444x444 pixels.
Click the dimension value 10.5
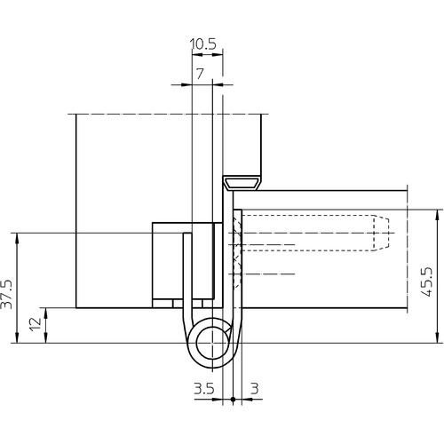202,44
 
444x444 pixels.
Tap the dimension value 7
201,74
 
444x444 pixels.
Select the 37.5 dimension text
7,294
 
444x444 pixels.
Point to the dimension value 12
36,324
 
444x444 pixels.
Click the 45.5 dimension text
426,281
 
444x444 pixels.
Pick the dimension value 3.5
204,388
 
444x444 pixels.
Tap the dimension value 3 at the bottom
255,388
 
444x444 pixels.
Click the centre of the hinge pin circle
212,343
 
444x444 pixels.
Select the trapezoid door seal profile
242,184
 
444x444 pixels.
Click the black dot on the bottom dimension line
233,400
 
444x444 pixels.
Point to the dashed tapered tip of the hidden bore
381,234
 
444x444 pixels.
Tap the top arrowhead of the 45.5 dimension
437,214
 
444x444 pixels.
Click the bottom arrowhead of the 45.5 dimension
437,338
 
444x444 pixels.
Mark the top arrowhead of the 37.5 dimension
17,238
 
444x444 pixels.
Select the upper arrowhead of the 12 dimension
46,313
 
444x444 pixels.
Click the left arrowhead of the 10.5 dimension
197,55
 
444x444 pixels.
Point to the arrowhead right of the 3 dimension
248,400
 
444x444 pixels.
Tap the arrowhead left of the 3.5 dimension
217,400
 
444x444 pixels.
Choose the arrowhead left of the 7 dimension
186,84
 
